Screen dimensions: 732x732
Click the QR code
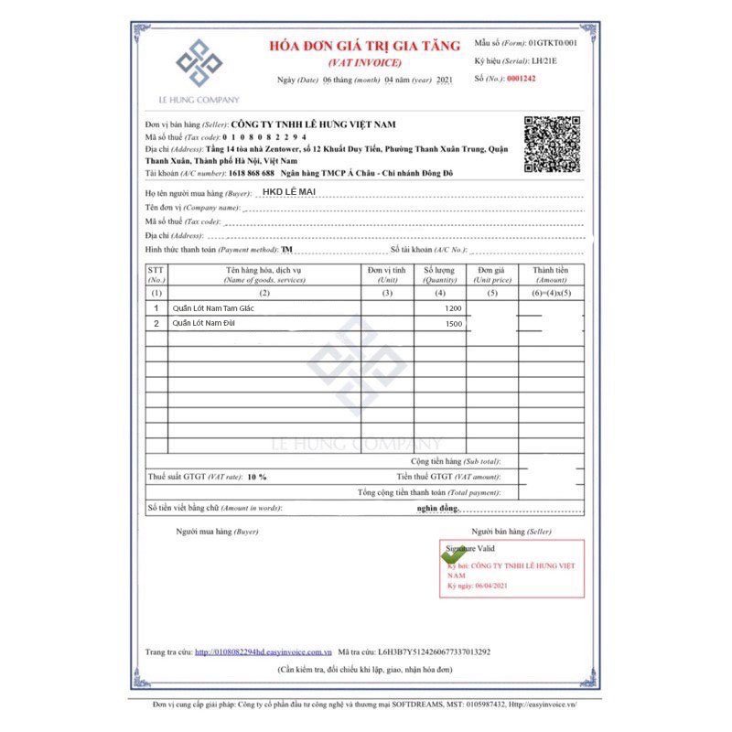[x=551, y=145]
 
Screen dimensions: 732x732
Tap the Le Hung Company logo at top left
[x=199, y=65]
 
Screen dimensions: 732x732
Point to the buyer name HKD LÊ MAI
[x=287, y=193]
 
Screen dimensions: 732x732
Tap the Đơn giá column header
[x=491, y=274]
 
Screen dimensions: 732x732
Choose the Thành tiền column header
[x=551, y=274]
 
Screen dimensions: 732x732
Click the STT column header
[x=156, y=274]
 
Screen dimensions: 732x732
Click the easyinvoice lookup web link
[x=263, y=652]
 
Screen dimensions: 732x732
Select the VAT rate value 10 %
[x=257, y=477]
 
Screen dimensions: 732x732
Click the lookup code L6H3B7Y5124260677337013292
[x=434, y=652]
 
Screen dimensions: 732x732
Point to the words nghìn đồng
[x=436, y=508]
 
